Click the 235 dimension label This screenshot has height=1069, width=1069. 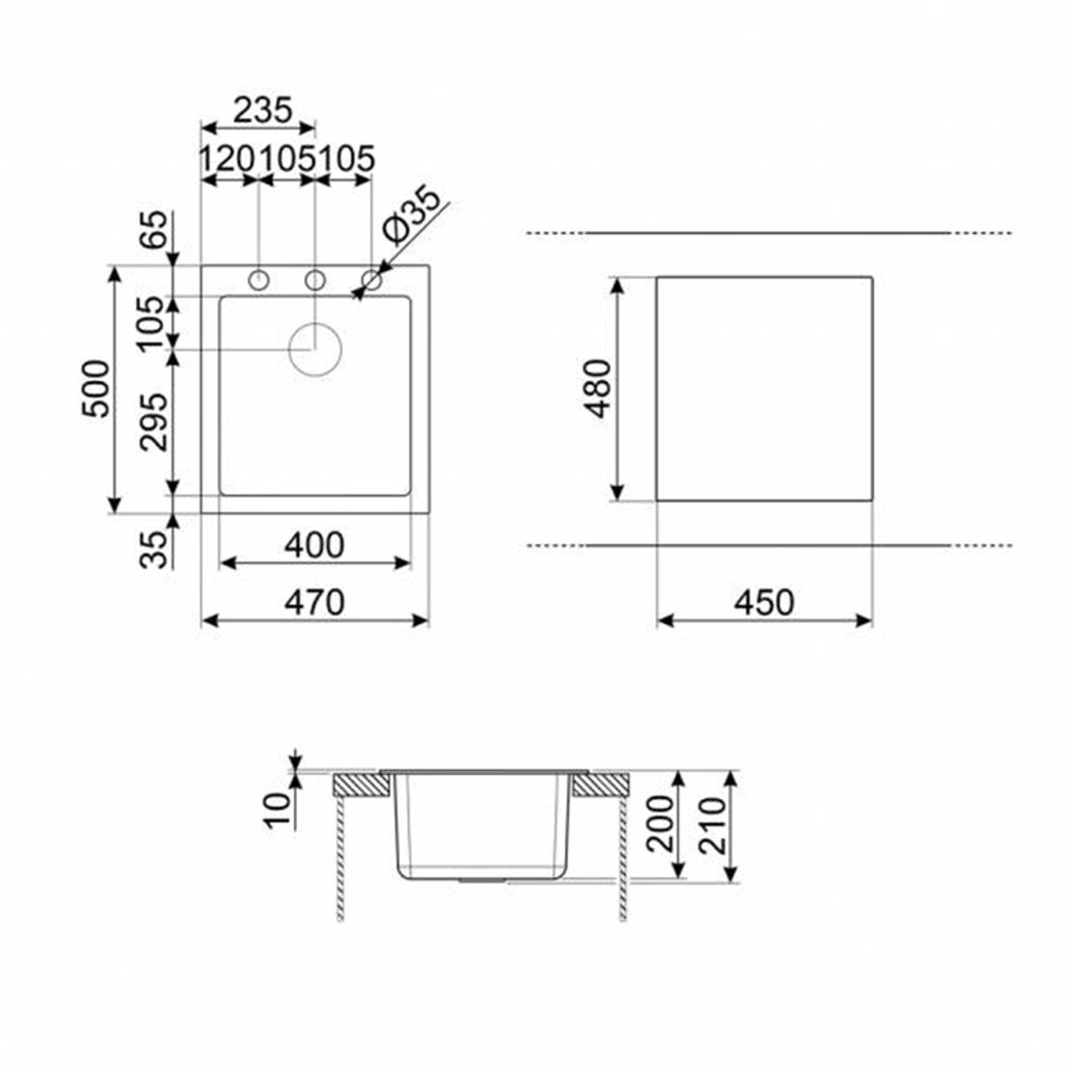[x=263, y=110]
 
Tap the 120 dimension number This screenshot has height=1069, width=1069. [x=227, y=159]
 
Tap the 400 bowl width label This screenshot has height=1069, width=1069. [x=314, y=546]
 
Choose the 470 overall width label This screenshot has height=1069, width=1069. [x=314, y=603]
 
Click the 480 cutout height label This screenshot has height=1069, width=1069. [x=598, y=388]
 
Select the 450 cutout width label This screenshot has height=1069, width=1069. [x=764, y=603]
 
